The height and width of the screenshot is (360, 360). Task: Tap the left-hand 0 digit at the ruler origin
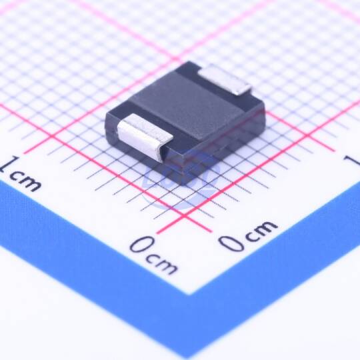tap(141, 245)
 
